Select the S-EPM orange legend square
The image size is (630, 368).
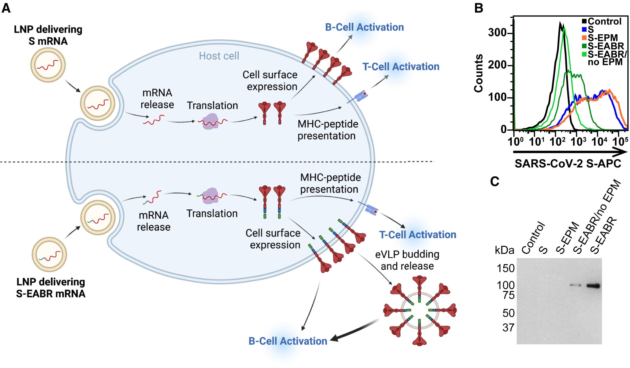[584, 38]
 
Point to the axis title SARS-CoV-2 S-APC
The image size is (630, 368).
[568, 164]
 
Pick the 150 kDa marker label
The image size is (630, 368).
[505, 269]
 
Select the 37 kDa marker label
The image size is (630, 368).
[508, 328]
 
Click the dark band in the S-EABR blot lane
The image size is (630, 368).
[593, 286]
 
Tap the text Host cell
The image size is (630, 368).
[219, 56]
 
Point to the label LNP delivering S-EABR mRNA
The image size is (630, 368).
[51, 288]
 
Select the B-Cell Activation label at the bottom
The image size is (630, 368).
[288, 341]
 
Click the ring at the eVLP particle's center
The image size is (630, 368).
[420, 310]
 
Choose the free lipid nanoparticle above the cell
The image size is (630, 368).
[48, 65]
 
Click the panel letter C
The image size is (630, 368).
[494, 181]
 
